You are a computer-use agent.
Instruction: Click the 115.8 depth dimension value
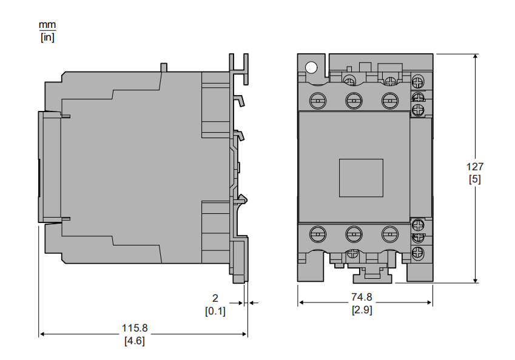(x=135, y=328)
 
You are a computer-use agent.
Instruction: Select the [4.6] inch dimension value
(x=134, y=341)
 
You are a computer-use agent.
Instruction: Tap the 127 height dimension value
(x=475, y=167)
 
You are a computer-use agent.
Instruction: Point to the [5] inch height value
(x=475, y=179)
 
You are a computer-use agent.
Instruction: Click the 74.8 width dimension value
(x=362, y=297)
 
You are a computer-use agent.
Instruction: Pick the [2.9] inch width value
(x=362, y=310)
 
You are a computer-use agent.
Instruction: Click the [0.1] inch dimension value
(x=215, y=311)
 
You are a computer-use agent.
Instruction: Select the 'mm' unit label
(x=47, y=25)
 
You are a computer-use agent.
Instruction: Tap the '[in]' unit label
(x=47, y=37)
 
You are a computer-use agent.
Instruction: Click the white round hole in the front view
(x=311, y=68)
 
